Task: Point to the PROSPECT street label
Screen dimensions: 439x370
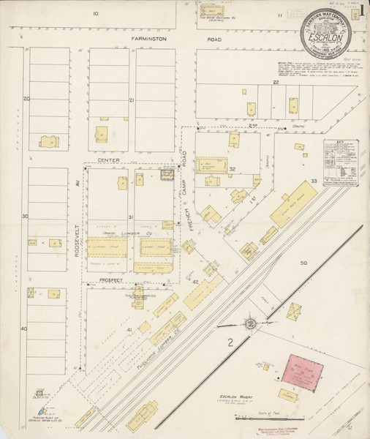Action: pos(107,281)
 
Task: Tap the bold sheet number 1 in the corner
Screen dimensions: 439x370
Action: pos(363,12)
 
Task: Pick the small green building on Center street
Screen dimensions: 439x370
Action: pos(166,174)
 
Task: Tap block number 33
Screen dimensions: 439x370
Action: pos(314,180)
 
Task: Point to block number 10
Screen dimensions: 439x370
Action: pos(95,14)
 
